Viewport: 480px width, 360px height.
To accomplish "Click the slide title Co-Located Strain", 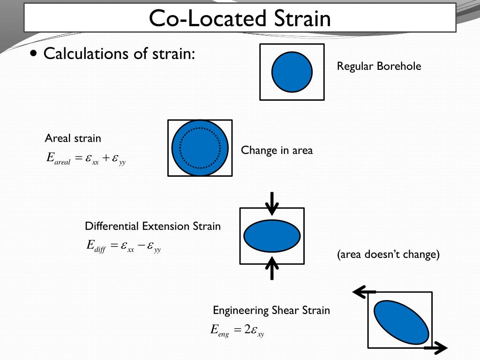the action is coord(240,18).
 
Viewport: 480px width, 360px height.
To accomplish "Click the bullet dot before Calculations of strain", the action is coord(33,53).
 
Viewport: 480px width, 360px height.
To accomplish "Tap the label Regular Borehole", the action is coord(379,66).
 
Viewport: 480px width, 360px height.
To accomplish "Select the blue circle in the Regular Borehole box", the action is coord(292,72).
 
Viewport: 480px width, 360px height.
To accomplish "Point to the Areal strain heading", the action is coord(73,138).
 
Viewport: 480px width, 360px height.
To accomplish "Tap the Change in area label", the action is coord(277,150).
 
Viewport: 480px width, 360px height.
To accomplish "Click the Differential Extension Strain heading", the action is coord(152,226).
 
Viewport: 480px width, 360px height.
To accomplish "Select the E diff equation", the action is coord(124,246).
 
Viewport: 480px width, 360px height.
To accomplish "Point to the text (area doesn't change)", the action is coord(388,255).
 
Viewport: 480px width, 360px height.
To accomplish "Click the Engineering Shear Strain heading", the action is coord(271,310).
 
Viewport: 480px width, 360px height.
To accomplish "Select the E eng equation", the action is coord(237,330).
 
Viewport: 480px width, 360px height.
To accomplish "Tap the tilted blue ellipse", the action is coord(401,322).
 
